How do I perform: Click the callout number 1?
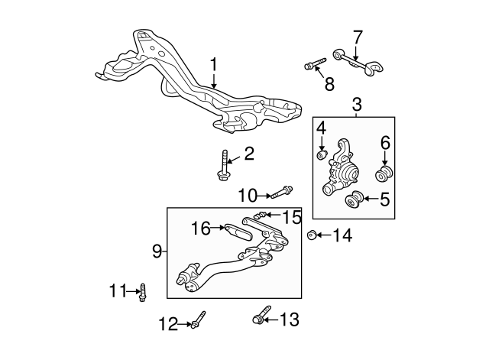click(x=214, y=64)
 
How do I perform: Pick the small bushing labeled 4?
click(x=322, y=154)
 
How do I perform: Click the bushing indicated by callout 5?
click(x=355, y=199)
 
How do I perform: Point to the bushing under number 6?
click(x=384, y=174)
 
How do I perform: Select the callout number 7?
click(x=358, y=37)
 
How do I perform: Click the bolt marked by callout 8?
click(x=315, y=63)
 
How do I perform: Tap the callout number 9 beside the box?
click(x=157, y=251)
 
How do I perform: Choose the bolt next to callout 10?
click(x=282, y=192)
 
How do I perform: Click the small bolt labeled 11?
click(x=143, y=292)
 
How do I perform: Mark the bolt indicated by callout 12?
click(x=199, y=319)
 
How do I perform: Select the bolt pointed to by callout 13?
click(x=261, y=315)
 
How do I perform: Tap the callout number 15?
click(x=292, y=217)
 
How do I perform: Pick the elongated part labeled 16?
click(x=238, y=231)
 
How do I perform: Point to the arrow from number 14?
click(x=324, y=235)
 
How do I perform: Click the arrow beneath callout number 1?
click(x=214, y=80)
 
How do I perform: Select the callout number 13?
click(x=290, y=319)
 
